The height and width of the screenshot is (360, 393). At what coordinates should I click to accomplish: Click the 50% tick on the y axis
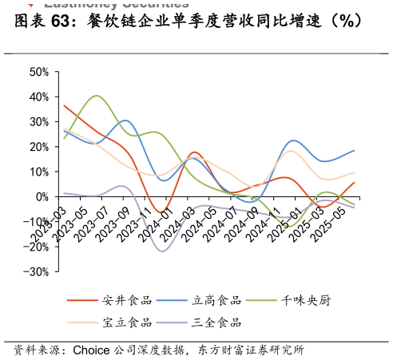point(39,72)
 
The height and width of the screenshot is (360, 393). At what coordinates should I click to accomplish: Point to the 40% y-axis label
point(39,97)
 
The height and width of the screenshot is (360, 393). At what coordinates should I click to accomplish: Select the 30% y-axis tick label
point(39,121)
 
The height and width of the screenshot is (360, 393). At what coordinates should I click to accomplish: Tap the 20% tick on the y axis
point(39,147)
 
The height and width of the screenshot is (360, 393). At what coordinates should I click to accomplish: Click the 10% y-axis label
point(39,172)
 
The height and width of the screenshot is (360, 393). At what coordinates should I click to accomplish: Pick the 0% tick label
point(42,196)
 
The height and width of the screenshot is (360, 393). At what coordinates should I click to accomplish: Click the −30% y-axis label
point(37,271)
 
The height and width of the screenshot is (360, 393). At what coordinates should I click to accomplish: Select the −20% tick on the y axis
point(37,247)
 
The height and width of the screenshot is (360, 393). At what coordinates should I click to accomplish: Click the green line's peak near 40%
point(96,96)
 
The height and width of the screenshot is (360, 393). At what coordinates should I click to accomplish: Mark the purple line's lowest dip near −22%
point(163,251)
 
